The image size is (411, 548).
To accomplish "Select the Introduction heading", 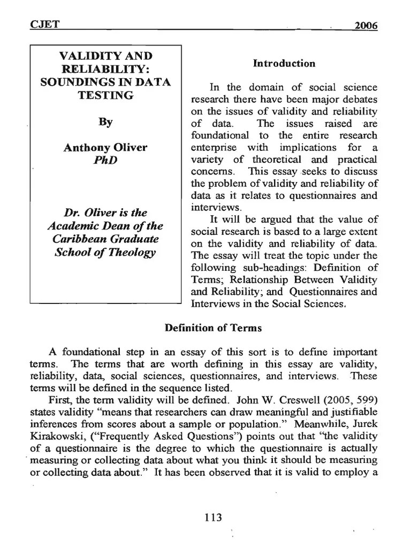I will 284,64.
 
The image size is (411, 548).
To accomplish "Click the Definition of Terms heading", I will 213,328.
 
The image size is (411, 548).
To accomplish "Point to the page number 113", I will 213,517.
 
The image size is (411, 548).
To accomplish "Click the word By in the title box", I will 105,122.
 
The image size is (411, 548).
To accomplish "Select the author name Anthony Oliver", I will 105,148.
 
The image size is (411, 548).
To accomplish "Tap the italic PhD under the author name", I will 105,161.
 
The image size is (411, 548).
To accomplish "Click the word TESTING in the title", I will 105,95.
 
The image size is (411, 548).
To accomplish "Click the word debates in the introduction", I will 358,100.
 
